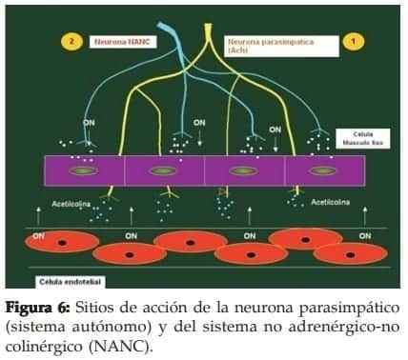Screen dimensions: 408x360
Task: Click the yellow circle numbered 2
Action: point(71,42)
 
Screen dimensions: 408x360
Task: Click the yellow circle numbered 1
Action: point(353,42)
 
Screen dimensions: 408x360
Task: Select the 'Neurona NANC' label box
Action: point(121,42)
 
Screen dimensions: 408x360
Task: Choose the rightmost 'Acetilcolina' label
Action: point(329,202)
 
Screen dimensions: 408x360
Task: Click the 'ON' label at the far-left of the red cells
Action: point(39,235)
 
